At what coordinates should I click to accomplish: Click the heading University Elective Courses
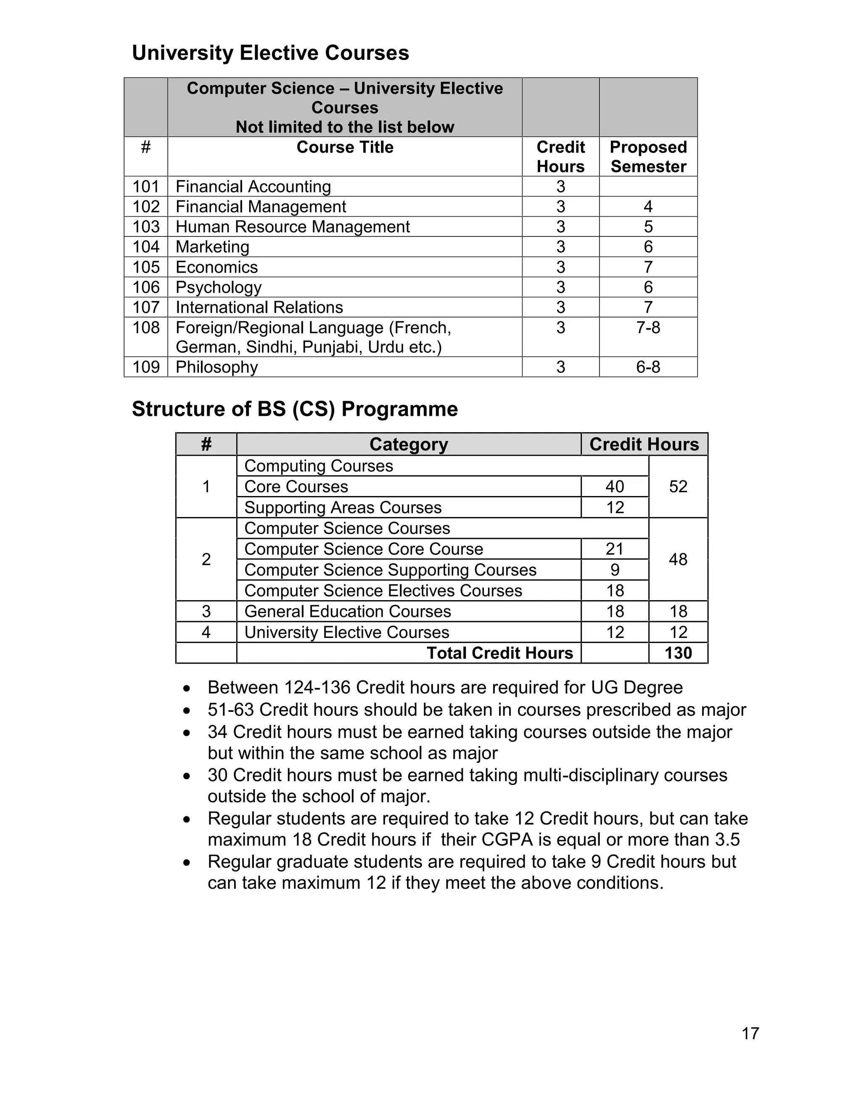(x=270, y=53)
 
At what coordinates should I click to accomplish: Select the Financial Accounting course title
(x=253, y=186)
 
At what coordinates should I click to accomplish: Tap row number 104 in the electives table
(x=146, y=247)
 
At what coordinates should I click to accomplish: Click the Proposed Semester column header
(x=648, y=157)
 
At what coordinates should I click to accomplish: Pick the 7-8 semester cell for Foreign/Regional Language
(x=648, y=328)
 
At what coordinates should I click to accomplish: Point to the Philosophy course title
(x=217, y=367)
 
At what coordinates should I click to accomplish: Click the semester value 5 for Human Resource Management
(x=648, y=227)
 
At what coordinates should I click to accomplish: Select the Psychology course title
(x=218, y=287)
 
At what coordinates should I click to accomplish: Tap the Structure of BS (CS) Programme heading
(x=295, y=409)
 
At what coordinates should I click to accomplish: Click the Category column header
(x=409, y=444)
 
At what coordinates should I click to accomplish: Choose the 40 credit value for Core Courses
(x=615, y=487)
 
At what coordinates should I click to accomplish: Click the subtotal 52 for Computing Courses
(x=678, y=487)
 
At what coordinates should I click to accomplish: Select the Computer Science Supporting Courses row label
(x=390, y=570)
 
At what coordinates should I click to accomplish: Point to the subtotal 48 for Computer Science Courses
(x=678, y=559)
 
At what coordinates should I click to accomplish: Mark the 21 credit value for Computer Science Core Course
(x=615, y=549)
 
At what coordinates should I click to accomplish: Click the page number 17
(x=750, y=1034)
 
